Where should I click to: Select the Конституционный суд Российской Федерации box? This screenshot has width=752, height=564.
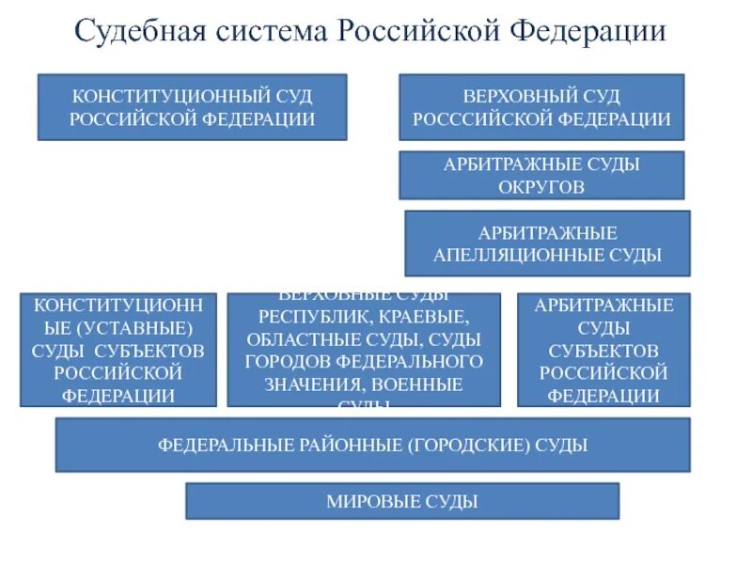click(192, 108)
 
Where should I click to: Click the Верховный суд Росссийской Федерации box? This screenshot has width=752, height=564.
click(541, 108)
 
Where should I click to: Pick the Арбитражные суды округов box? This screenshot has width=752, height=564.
click(541, 175)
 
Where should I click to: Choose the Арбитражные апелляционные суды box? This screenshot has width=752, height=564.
click(547, 243)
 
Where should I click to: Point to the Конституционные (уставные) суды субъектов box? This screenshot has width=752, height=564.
click(118, 350)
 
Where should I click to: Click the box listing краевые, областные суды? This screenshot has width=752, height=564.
click(364, 350)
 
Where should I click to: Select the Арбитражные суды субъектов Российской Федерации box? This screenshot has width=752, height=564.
click(603, 350)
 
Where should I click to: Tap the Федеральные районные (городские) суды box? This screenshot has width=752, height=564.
click(372, 445)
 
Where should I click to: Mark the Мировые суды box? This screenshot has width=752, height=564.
click(402, 501)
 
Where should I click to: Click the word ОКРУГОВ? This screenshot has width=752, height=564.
click(541, 186)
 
